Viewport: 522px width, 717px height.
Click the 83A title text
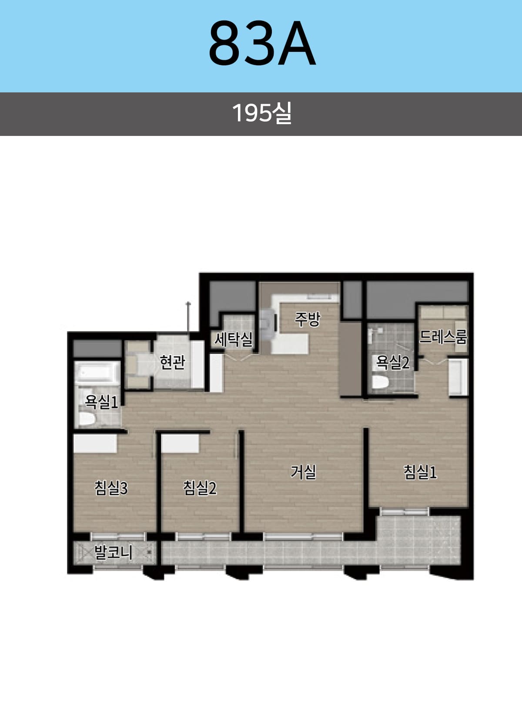[262, 43]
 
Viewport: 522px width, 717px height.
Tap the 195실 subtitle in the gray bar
[262, 113]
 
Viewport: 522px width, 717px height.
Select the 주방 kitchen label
[307, 319]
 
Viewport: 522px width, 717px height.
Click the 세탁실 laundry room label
[233, 339]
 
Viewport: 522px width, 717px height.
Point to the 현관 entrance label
[172, 362]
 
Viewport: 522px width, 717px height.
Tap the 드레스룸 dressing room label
[443, 336]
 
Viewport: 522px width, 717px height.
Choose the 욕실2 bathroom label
[393, 363]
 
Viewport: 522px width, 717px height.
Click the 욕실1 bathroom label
[101, 402]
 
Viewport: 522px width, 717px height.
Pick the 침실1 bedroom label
[420, 472]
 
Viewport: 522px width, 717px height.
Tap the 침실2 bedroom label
[200, 488]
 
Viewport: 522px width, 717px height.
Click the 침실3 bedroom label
[111, 488]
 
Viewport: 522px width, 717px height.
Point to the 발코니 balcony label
[113, 552]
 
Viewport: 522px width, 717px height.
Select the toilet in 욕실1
[87, 419]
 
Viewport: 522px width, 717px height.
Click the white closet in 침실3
[95, 443]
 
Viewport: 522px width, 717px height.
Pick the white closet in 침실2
[180, 443]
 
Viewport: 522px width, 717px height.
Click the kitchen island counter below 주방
[290, 344]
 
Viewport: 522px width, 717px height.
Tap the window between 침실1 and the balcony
[405, 512]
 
